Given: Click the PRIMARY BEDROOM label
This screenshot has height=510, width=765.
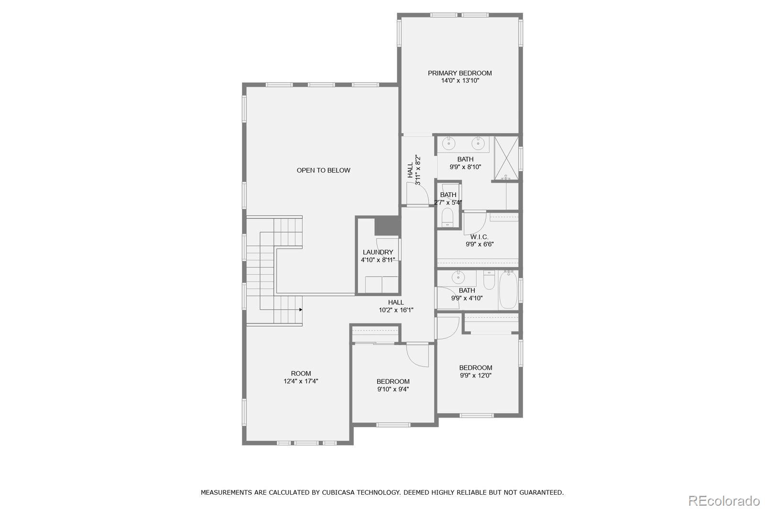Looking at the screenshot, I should pos(459,73).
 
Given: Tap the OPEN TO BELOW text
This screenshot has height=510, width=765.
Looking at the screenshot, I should pos(323,170).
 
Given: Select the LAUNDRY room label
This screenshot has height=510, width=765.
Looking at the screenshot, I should pos(378,252).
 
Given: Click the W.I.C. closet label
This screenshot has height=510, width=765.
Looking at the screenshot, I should pos(479,237).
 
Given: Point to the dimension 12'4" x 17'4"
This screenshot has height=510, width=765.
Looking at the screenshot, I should pos(301,381).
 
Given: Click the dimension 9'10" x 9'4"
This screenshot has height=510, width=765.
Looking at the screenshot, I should pos(393,389).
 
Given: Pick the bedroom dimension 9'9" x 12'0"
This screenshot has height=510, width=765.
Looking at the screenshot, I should pos(475,376).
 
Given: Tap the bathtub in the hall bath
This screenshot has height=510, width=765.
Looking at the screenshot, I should pos(508,290).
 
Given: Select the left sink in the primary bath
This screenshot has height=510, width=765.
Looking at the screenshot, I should pos(449,143).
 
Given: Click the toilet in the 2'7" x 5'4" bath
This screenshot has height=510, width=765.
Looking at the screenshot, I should pos(448,218).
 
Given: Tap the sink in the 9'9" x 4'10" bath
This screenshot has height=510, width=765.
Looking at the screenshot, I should pos(458,277).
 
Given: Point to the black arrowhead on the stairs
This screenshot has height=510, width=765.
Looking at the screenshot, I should pos(301,310).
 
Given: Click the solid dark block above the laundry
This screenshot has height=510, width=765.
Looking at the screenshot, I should pos(386,226).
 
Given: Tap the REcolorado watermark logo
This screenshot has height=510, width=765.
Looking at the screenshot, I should pos(723,500).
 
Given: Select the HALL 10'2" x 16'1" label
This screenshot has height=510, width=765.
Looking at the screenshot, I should pos(396,306).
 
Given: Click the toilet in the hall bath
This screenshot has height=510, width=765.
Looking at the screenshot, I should pos(489,281).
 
